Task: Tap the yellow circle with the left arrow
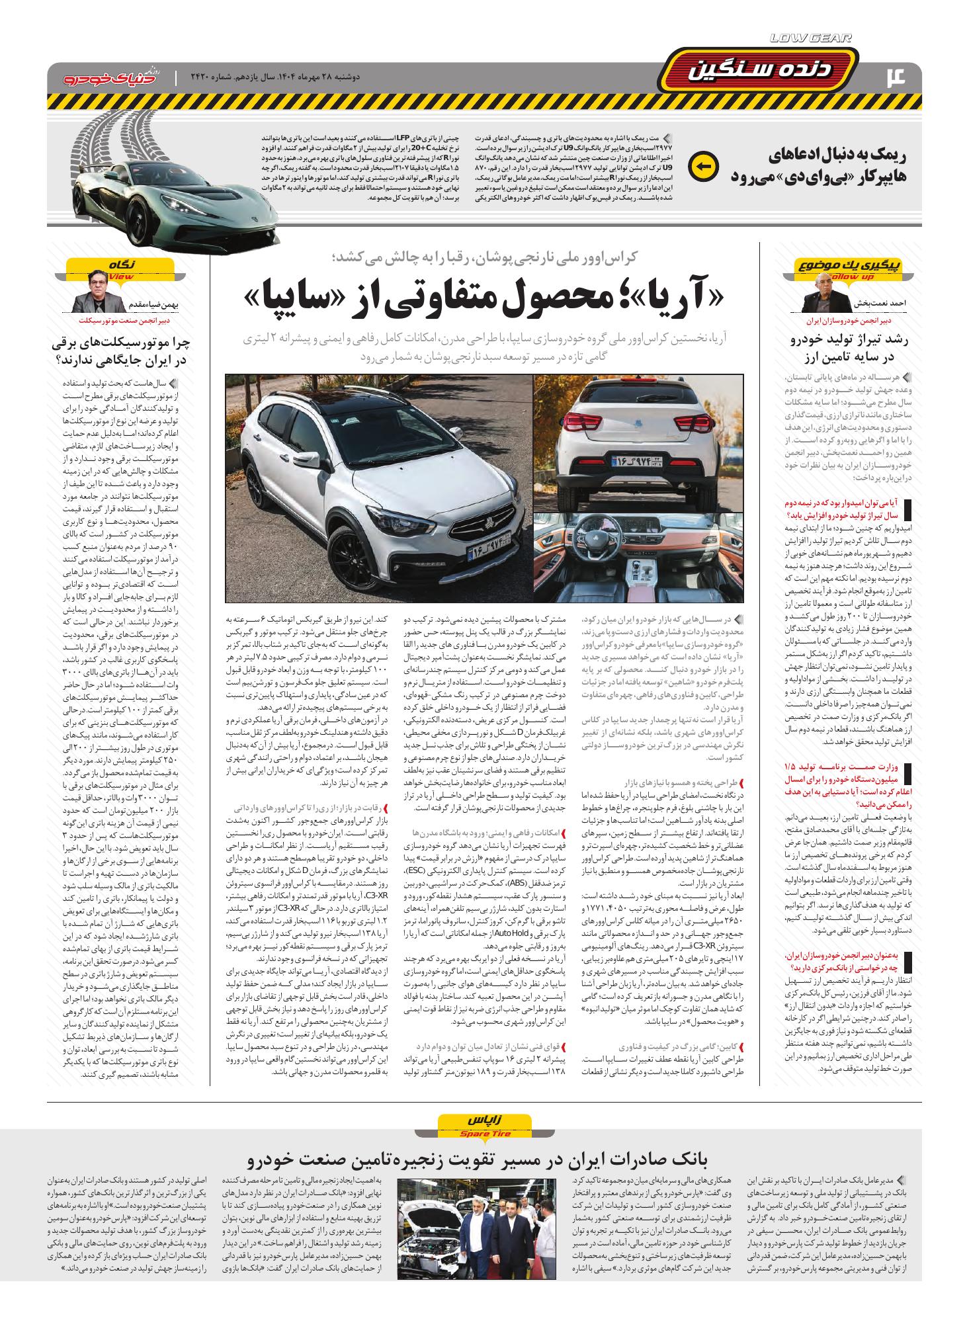[x=701, y=167]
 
